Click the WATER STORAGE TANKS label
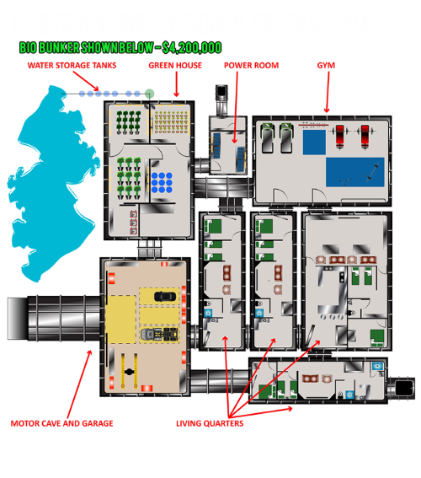(72, 65)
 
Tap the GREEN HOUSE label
(175, 65)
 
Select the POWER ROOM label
(251, 65)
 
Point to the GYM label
(326, 65)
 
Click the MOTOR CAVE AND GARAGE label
(61, 423)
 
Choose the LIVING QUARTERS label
(210, 423)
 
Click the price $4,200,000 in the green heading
(192, 47)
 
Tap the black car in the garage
(165, 296)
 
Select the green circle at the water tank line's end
(149, 94)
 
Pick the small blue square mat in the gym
(314, 142)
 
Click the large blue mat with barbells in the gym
(355, 172)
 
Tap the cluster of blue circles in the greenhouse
(162, 183)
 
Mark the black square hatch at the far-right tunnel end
(404, 388)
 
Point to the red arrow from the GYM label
(328, 92)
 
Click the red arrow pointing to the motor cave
(79, 384)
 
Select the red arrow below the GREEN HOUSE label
(176, 84)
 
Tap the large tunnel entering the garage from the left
(54, 318)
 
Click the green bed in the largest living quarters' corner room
(377, 338)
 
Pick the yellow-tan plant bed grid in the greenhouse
(172, 122)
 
